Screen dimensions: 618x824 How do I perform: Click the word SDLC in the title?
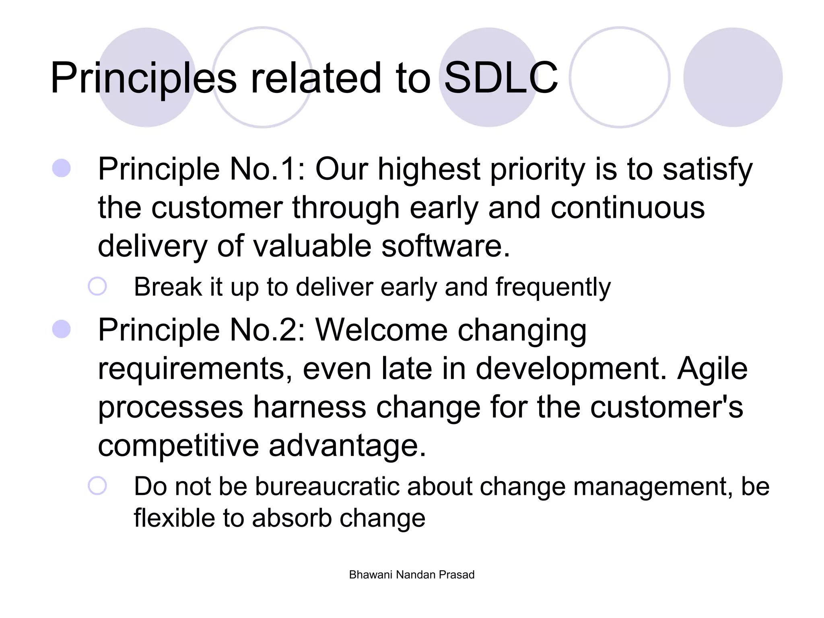click(501, 77)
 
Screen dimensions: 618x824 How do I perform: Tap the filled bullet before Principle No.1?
click(62, 168)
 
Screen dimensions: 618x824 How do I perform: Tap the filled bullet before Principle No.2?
click(62, 329)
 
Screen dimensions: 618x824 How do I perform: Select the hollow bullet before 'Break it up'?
click(97, 286)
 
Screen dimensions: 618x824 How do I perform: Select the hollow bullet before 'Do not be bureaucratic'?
click(97, 486)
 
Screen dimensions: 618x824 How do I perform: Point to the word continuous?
click(627, 208)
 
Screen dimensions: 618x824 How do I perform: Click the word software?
click(445, 246)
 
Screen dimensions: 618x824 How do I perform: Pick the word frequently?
click(553, 288)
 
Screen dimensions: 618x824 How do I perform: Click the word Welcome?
click(381, 330)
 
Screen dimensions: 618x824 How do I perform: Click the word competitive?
click(178, 446)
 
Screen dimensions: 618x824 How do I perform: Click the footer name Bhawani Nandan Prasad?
click(412, 575)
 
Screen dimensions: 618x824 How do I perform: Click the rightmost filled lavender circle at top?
click(733, 77)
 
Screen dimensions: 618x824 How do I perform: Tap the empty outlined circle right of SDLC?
click(620, 77)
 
